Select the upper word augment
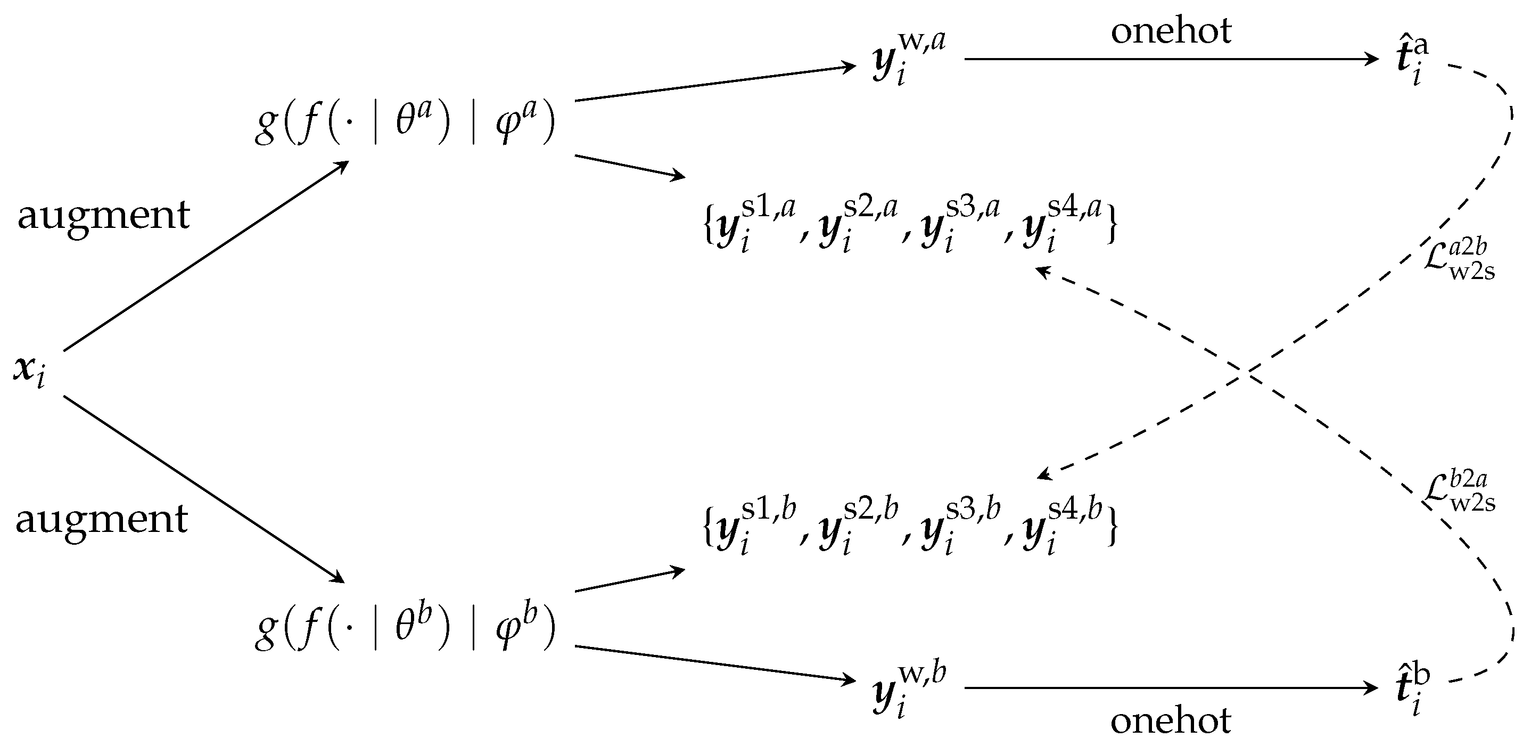103,215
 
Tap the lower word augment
102,520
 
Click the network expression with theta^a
404,123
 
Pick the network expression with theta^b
404,629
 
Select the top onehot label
1171,31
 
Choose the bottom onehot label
1171,721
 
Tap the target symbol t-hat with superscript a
1412,61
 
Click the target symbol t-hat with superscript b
1412,691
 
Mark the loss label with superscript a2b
1459,261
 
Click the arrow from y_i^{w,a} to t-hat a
1171,59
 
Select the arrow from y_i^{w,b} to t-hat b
1171,688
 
